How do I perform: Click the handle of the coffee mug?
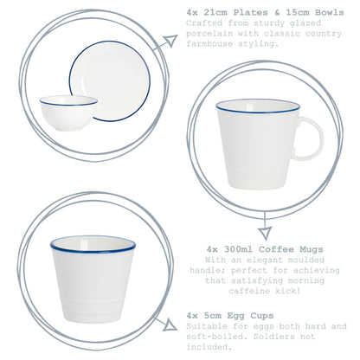coord(308,138)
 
